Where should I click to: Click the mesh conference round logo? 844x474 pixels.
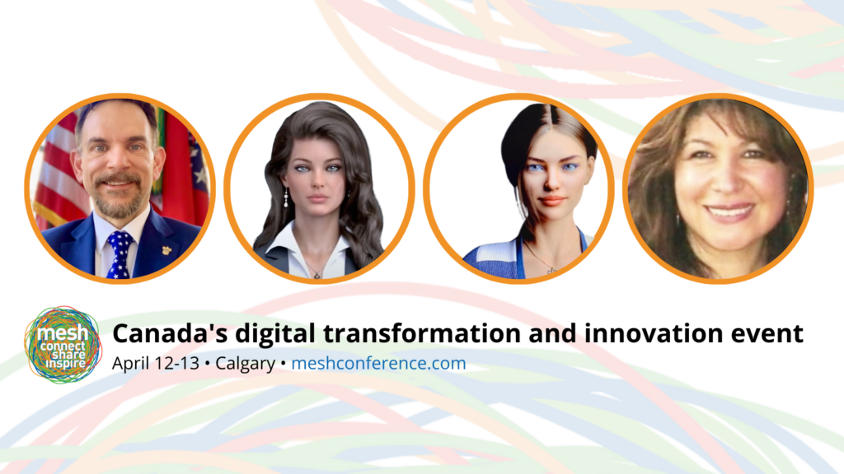[x=63, y=345]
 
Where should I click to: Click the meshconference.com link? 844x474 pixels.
[x=378, y=363]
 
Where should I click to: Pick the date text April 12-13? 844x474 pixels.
[x=156, y=364]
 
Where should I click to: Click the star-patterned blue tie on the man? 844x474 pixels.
[x=120, y=254]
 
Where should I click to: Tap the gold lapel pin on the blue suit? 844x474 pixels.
[x=166, y=251]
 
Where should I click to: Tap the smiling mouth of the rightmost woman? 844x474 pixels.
[x=730, y=211]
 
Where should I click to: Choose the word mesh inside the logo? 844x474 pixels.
[x=63, y=332]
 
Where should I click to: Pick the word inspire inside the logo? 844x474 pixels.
[x=65, y=364]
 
